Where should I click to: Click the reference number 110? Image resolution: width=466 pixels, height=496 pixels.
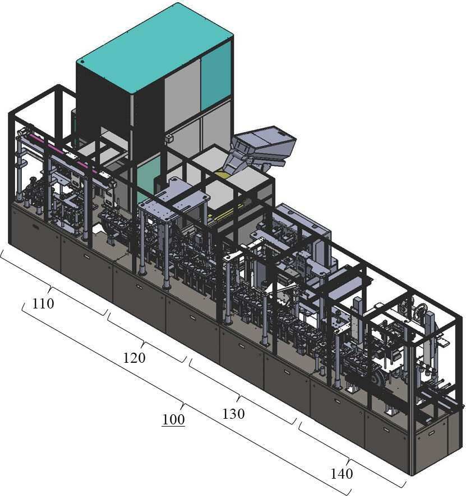[x=43, y=303]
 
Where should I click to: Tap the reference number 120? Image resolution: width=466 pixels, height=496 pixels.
[x=134, y=358]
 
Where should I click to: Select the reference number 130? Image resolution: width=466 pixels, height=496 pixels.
[x=233, y=414]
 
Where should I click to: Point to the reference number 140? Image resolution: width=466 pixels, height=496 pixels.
[x=342, y=474]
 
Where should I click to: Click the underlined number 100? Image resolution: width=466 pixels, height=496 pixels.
[x=173, y=419]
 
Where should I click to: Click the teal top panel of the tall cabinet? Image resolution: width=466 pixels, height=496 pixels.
[x=155, y=48]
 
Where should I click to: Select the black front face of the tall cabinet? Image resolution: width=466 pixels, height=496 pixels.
[x=103, y=104]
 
